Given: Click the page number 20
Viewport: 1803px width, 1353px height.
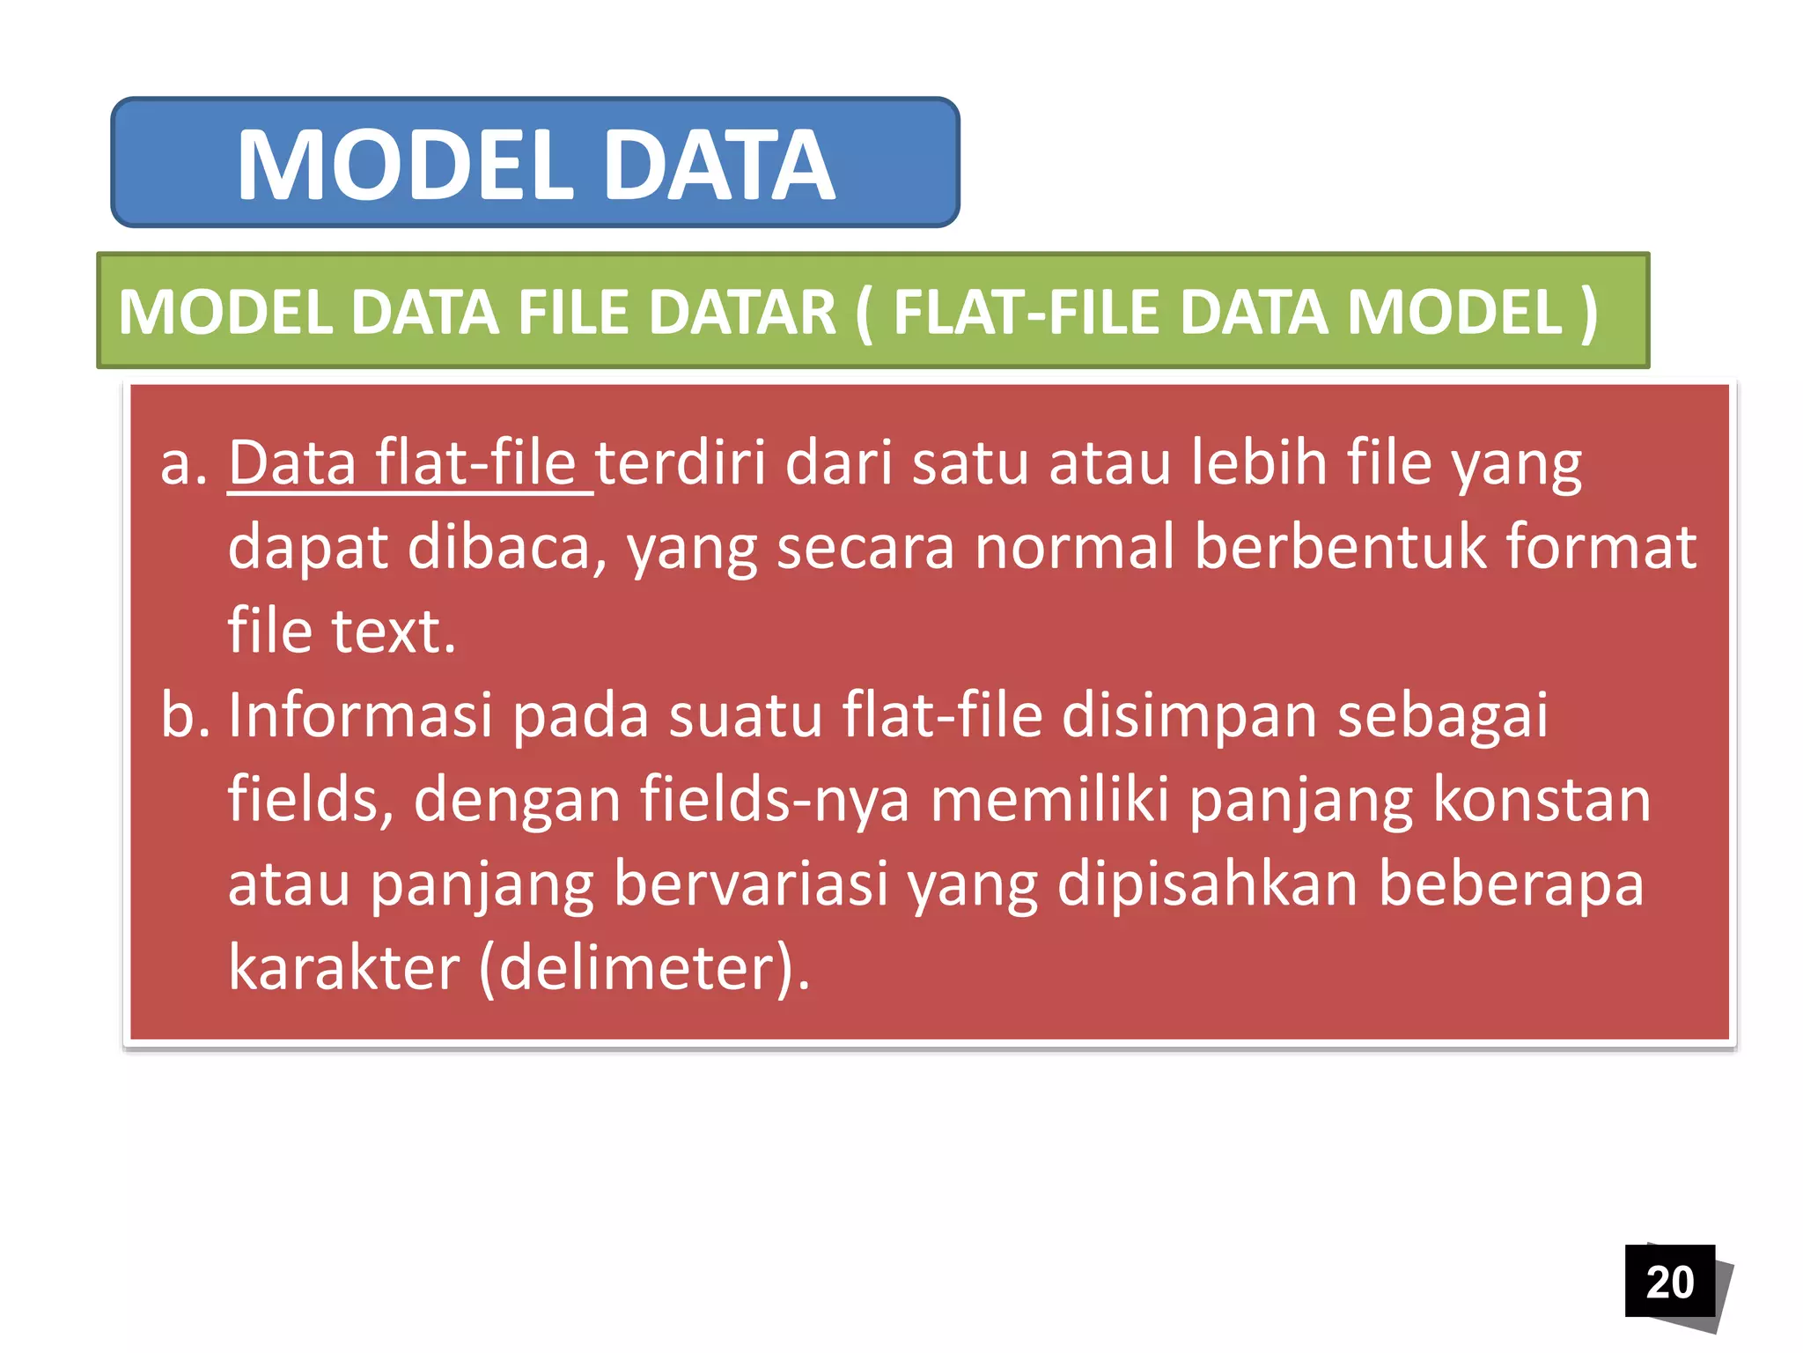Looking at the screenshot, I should (1669, 1282).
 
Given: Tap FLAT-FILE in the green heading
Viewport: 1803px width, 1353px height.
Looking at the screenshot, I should (1027, 313).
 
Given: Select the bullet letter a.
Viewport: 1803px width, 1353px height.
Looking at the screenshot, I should (183, 463).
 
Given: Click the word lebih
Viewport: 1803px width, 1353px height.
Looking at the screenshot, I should (1259, 463).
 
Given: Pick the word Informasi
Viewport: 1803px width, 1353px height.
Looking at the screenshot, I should (360, 715).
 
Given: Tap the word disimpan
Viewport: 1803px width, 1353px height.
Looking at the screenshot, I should (1189, 715).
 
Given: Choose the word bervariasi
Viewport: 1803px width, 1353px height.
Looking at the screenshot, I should (751, 884).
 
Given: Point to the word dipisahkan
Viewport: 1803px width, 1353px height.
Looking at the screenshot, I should (1207, 884).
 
